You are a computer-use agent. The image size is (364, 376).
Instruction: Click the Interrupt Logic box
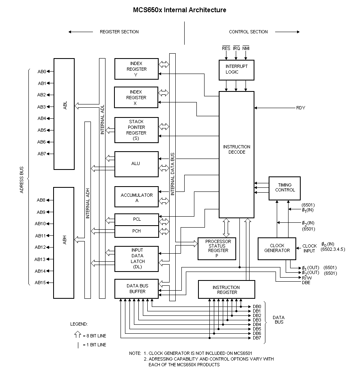(237, 69)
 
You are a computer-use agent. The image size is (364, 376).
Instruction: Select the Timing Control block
(284, 188)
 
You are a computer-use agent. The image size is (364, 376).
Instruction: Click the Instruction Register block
(226, 289)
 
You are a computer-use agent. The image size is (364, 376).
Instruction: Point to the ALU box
(136, 164)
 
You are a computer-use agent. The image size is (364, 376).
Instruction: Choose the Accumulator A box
(136, 198)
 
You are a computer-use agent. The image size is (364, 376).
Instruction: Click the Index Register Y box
(136, 69)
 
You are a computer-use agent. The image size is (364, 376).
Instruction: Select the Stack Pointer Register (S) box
(136, 130)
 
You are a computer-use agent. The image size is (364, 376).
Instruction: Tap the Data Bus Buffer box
(136, 289)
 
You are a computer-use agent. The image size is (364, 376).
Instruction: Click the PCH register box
(136, 231)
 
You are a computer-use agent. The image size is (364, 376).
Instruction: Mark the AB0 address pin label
(41, 72)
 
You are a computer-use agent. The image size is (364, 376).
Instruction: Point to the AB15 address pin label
(40, 283)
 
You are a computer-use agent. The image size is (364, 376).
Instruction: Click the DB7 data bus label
(257, 338)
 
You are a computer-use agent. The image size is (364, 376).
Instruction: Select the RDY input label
(300, 108)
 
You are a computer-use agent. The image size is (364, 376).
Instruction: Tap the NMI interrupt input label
(246, 48)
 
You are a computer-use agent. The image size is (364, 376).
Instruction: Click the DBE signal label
(306, 283)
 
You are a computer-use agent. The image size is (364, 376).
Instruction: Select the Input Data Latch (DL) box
(136, 259)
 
